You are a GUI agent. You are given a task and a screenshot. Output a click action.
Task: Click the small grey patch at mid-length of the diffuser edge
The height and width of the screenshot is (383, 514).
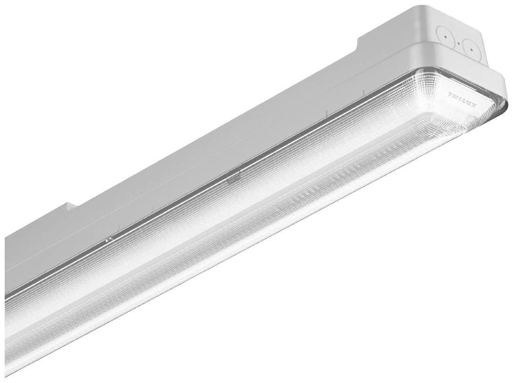click(x=232, y=179)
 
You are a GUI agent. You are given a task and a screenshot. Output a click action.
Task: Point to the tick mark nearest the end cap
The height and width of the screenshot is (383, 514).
click(x=364, y=90)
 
